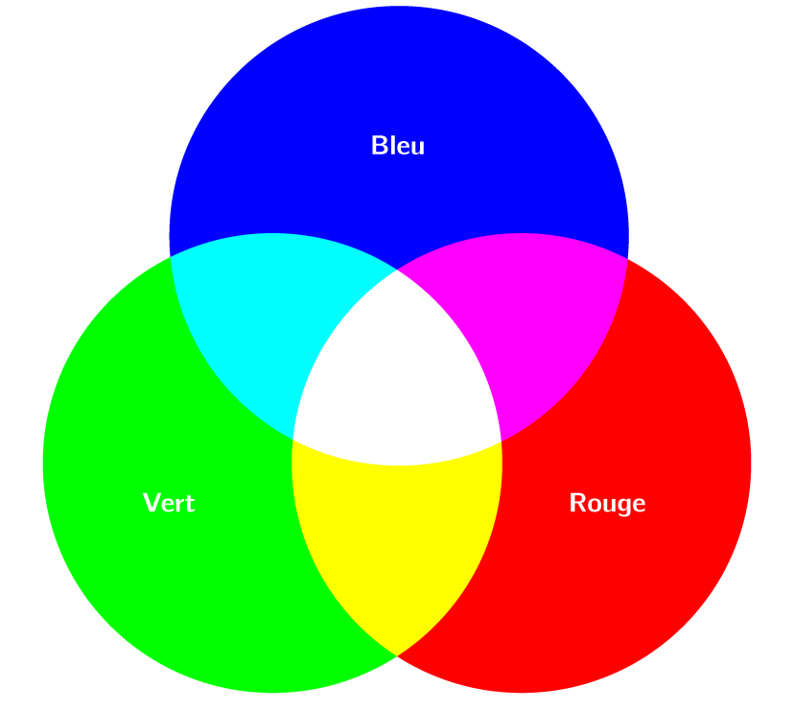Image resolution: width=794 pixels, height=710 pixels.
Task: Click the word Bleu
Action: click(398, 146)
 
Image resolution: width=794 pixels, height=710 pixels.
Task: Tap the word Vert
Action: click(169, 503)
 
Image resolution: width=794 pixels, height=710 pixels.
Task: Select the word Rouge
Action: click(607, 503)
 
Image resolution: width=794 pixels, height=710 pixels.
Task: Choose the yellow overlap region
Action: click(397, 537)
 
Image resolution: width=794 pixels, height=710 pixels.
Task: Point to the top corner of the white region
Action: click(397, 270)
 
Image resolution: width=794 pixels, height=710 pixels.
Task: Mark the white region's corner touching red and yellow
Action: click(502, 441)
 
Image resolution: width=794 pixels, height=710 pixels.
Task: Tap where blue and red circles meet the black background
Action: click(627, 258)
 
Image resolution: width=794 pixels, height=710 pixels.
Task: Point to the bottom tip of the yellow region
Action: click(397, 656)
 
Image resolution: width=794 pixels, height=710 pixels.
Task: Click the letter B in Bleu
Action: click(379, 146)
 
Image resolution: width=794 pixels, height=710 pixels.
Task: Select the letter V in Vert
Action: click(151, 503)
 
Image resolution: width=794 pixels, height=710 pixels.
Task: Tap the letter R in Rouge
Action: click(577, 503)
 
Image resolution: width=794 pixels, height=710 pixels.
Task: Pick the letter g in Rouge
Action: click(623, 506)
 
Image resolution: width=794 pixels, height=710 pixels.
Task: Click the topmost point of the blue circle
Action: click(399, 6)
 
